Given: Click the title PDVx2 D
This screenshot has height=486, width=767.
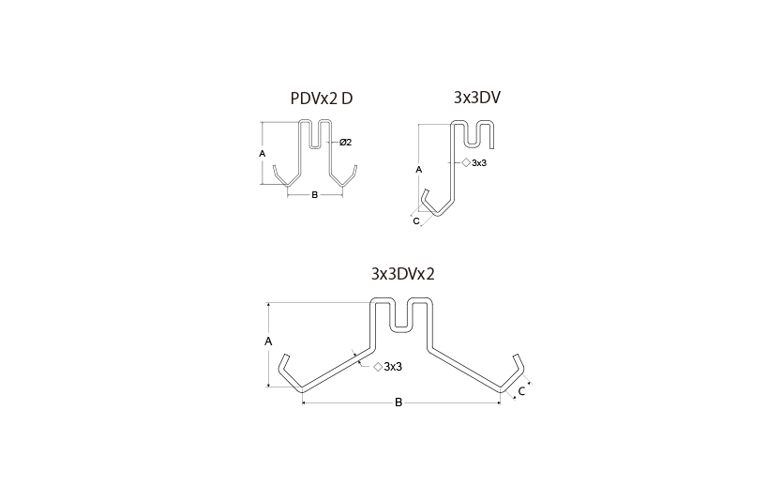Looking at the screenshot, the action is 322,99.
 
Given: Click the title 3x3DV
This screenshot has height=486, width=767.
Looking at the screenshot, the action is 477,98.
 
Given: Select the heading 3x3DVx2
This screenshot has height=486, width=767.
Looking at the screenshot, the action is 402,274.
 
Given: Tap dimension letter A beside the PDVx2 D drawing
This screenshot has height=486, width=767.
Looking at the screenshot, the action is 263,154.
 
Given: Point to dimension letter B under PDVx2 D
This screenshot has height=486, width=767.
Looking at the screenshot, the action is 314,195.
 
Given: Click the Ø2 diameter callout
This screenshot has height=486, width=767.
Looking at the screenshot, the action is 345,143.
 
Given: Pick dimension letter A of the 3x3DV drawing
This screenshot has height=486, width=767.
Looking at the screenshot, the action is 419,170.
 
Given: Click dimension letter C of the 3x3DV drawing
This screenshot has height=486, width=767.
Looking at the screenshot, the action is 416,221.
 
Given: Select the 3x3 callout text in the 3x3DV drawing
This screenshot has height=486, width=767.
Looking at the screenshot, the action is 479,163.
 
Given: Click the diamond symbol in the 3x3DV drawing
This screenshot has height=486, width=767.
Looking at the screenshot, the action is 466,162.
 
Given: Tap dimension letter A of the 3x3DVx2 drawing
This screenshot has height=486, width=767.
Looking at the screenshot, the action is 268,342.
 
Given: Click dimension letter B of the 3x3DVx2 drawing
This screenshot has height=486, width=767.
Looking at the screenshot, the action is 399,402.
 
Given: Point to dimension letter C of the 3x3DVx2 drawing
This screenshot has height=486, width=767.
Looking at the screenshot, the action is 521,391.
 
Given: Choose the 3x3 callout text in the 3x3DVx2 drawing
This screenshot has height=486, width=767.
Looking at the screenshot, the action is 393,367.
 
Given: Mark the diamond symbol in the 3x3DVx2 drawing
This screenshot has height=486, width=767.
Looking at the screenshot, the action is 378,367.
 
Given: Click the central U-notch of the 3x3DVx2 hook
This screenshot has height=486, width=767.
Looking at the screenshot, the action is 401,329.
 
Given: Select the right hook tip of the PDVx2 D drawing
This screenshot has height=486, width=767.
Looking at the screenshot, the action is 355,167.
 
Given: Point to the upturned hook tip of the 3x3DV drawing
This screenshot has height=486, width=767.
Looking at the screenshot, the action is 427,190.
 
